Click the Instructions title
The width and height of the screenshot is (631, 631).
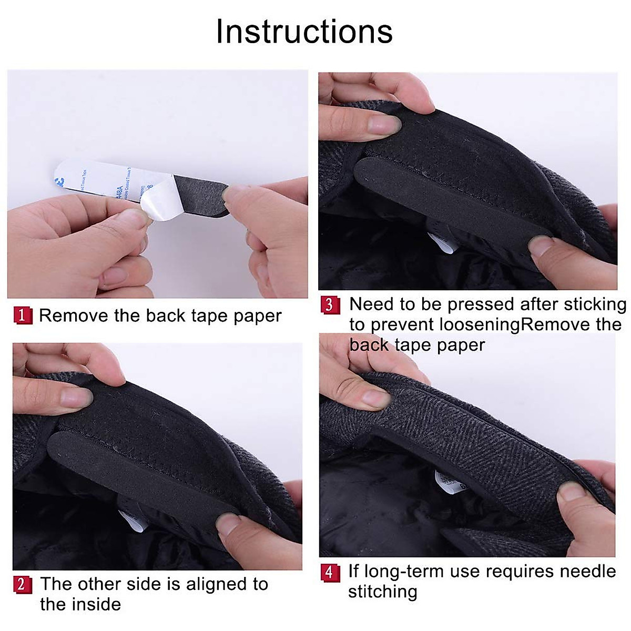point(304,32)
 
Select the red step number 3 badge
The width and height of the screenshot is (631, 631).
point(330,305)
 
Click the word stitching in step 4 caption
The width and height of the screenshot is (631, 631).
point(382,592)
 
